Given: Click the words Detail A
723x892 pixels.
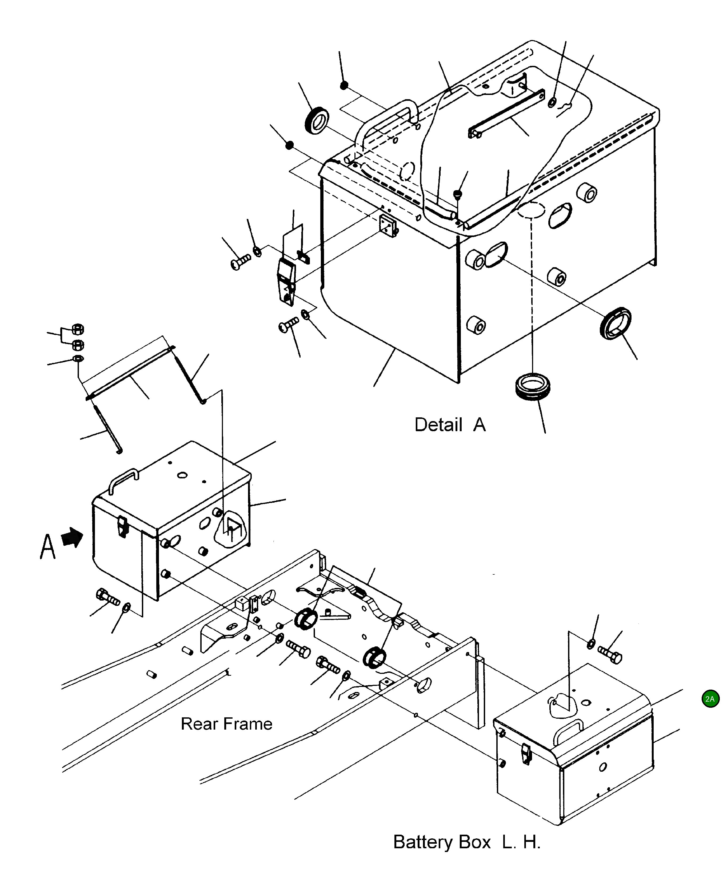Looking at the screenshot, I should click(450, 425).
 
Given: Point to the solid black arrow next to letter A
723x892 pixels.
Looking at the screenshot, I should click(73, 538).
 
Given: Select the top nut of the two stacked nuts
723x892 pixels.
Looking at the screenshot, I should click(77, 329).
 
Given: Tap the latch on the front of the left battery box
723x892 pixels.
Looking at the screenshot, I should click(122, 527).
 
